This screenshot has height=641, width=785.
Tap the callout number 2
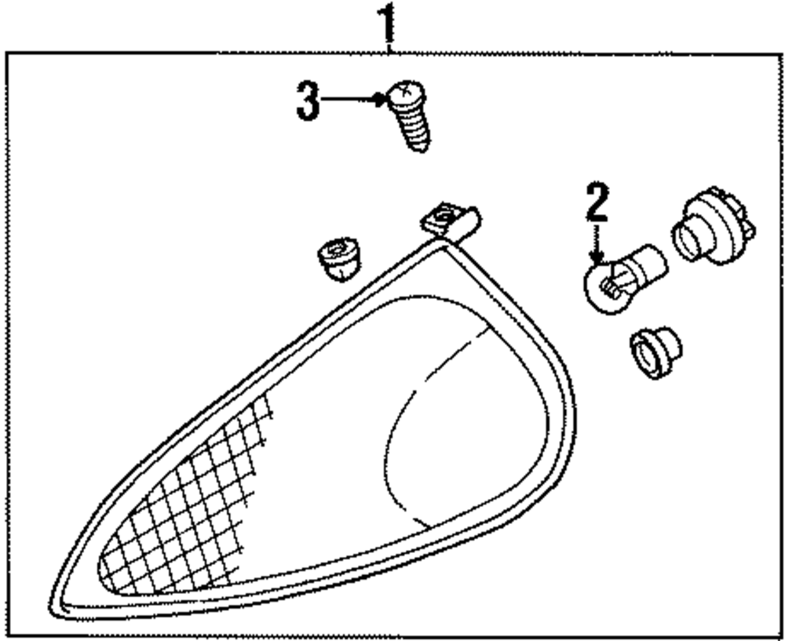597,203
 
